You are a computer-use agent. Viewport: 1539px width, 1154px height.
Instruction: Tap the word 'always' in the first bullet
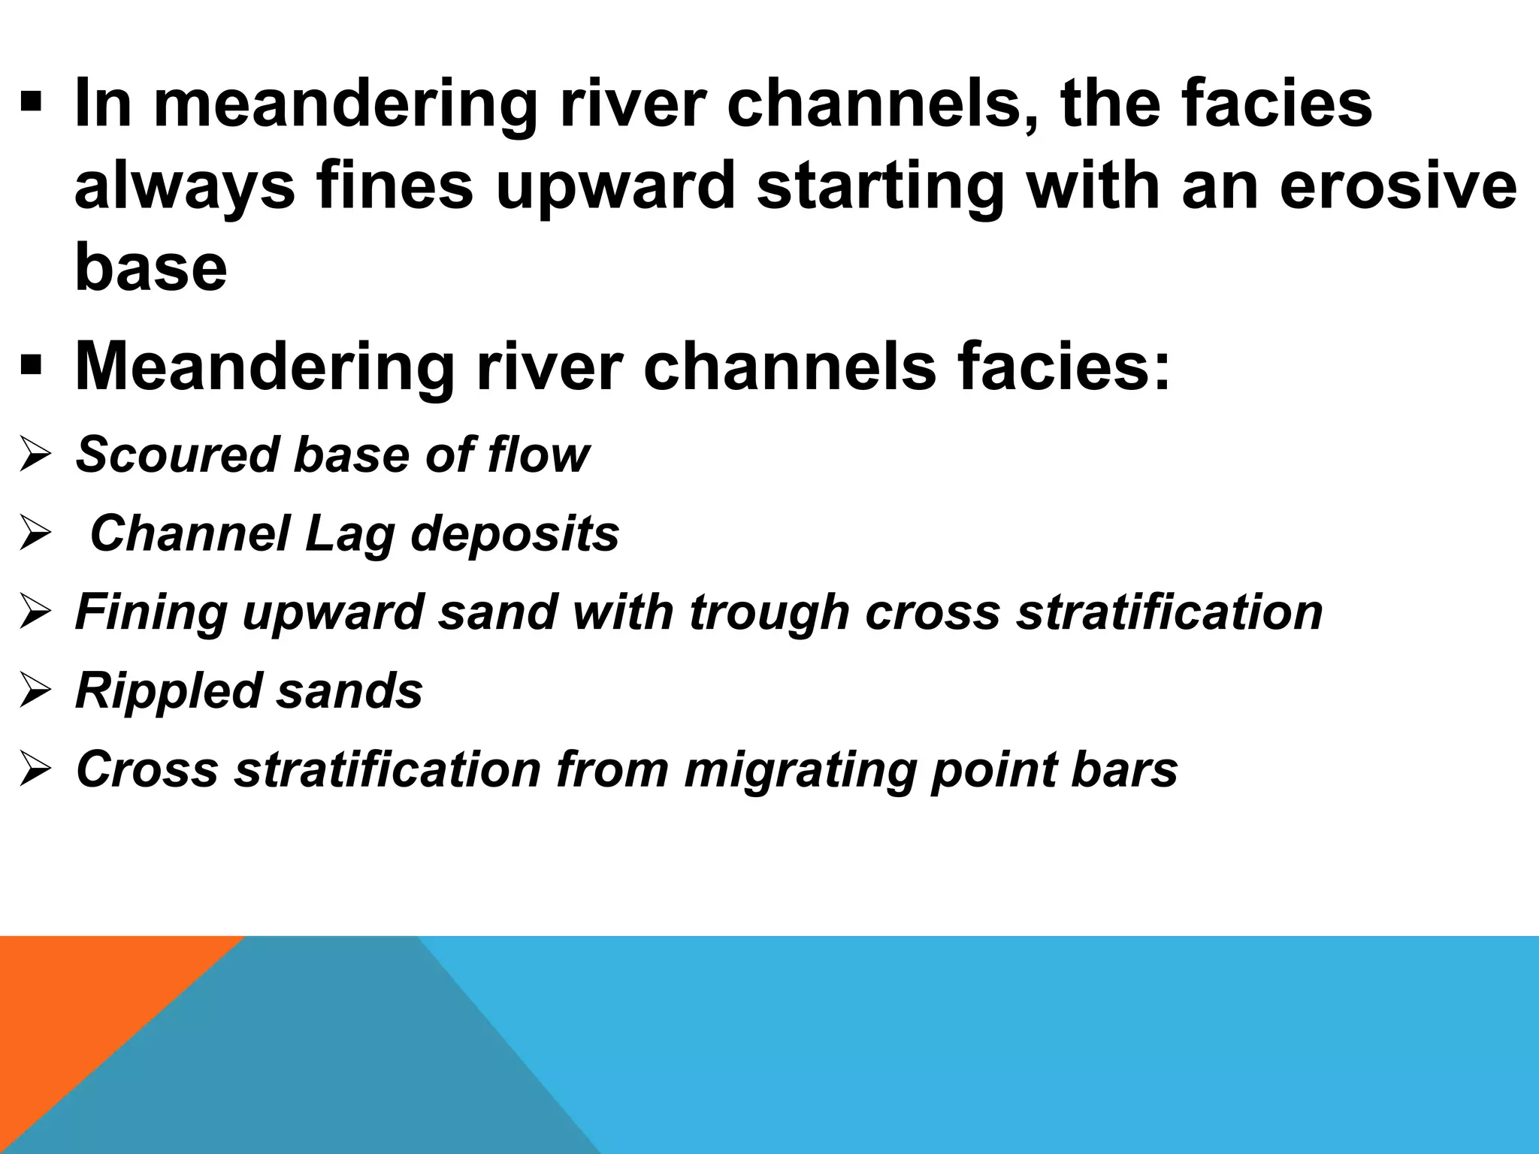185,188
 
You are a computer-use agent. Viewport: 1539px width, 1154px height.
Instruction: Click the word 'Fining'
151,612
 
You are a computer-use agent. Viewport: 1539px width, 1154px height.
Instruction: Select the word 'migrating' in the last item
800,770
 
